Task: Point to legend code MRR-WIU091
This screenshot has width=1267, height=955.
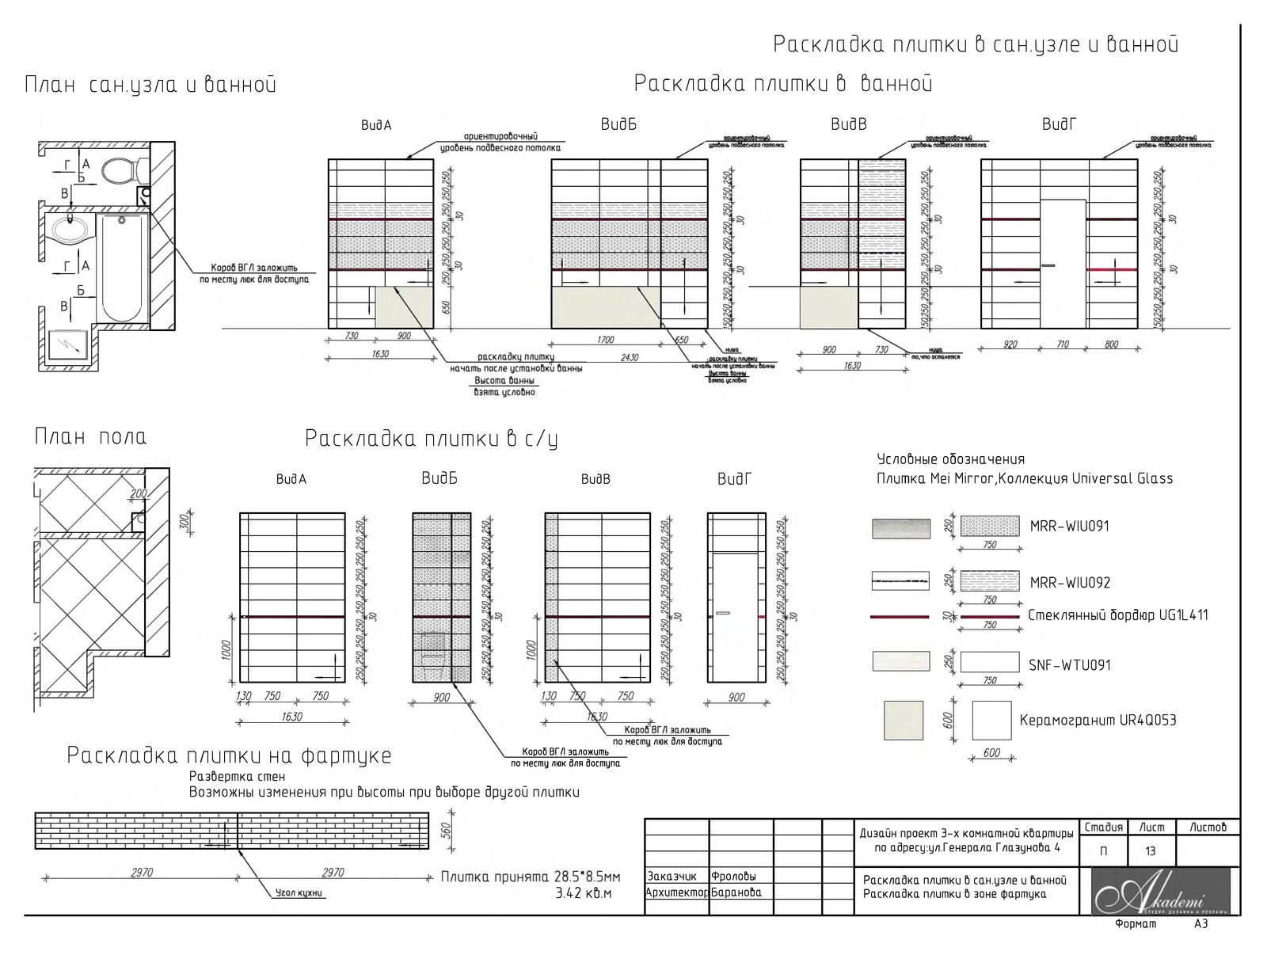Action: tap(1069, 527)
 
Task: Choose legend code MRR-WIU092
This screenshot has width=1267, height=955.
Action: tap(1070, 583)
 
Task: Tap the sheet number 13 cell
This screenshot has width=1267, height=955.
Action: tap(1150, 851)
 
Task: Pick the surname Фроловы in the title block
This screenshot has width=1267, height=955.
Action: tap(734, 877)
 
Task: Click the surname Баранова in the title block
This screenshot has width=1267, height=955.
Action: tap(736, 892)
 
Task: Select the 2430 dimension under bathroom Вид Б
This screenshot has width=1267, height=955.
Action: tap(629, 357)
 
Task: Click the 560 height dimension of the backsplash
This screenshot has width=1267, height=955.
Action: tap(445, 830)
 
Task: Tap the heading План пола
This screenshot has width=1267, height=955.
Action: tap(90, 437)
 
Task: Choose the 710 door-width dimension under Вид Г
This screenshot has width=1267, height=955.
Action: tap(1063, 344)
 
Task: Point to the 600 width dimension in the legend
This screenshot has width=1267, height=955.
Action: tap(991, 753)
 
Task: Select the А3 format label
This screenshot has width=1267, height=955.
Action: tap(1200, 924)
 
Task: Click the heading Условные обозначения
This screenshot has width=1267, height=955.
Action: tap(950, 459)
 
